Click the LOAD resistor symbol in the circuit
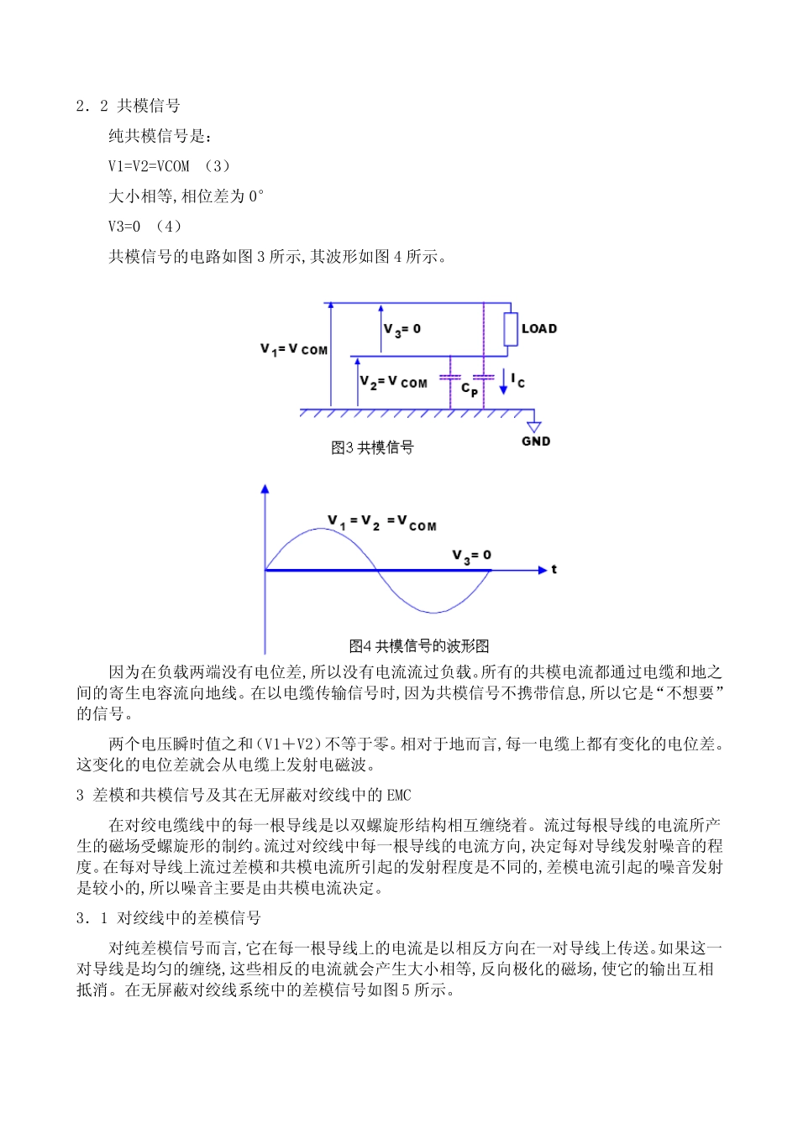point(511,329)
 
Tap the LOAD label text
point(539,329)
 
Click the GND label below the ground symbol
point(536,441)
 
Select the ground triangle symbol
point(533,427)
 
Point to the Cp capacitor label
point(470,389)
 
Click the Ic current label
point(518,381)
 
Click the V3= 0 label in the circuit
point(402,330)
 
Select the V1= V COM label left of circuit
point(294,349)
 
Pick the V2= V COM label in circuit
point(394,383)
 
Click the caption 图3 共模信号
point(372,448)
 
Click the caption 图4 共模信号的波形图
point(419,646)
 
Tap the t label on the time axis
point(554,570)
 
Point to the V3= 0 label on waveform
point(472,556)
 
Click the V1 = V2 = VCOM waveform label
point(382,523)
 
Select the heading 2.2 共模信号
point(128,106)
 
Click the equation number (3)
point(217,166)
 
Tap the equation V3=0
point(124,227)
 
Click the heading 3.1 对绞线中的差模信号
point(169,918)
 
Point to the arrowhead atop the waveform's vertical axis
point(265,488)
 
